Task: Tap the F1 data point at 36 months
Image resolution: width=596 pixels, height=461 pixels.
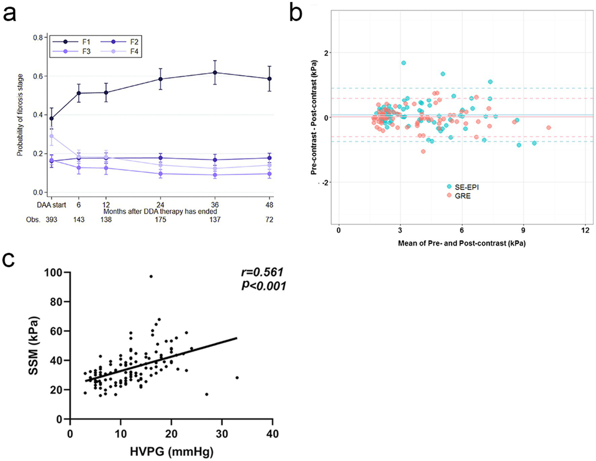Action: coord(215,73)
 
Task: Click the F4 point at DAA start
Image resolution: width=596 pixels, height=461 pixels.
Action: coord(52,136)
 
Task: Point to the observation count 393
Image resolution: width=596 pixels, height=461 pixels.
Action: coord(51,220)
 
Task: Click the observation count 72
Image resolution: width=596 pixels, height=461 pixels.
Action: coord(269,220)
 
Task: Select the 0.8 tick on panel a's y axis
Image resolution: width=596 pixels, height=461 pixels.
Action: coord(38,38)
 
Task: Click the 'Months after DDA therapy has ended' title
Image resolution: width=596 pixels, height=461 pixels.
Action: coord(160,211)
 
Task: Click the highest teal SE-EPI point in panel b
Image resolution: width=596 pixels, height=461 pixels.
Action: coord(403,63)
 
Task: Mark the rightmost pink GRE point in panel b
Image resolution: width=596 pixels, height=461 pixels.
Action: coord(549,127)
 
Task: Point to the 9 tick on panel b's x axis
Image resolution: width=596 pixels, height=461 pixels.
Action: coord(523,230)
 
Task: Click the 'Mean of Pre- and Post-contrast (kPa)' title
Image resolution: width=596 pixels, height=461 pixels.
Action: coord(462,243)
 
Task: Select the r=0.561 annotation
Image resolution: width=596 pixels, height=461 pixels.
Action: coord(262,272)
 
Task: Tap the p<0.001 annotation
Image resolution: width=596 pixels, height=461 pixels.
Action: coord(264,286)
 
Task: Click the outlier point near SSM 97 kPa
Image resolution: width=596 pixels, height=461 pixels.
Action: coord(151,276)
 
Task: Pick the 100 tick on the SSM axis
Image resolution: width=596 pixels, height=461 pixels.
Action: coord(53,272)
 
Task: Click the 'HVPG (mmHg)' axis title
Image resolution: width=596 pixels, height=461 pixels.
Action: coord(172,451)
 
